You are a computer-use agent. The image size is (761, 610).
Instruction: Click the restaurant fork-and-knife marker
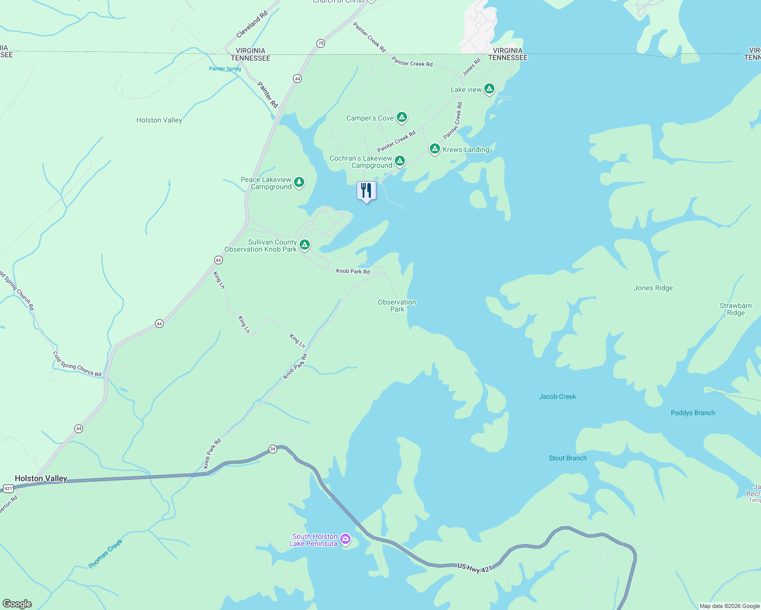366,191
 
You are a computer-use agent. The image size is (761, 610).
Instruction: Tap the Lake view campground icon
489,89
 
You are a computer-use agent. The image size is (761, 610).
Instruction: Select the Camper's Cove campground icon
402,117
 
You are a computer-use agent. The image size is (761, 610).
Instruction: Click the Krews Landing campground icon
434,148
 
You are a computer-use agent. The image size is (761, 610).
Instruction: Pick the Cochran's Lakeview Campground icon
400,161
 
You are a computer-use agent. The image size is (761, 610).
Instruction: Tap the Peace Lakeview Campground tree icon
299,182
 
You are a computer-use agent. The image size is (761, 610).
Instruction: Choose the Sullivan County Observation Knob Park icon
305,245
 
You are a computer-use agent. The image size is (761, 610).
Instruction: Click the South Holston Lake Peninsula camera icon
345,539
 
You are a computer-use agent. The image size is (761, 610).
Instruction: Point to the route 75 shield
320,44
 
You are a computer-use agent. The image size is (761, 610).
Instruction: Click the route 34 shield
273,449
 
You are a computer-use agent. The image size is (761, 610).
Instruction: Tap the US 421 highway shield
8,489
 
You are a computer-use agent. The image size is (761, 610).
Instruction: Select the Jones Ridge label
653,288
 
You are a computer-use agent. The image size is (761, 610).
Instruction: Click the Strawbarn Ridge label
736,309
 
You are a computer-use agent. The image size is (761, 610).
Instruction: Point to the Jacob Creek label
558,396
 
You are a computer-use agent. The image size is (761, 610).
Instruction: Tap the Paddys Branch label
693,413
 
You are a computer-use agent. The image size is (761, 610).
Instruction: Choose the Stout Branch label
568,458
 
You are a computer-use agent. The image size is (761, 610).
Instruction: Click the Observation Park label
397,306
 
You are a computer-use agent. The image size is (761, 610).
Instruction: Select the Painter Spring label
225,69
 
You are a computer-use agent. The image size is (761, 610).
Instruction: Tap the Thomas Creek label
106,554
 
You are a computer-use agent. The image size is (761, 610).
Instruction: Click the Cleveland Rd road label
252,25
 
